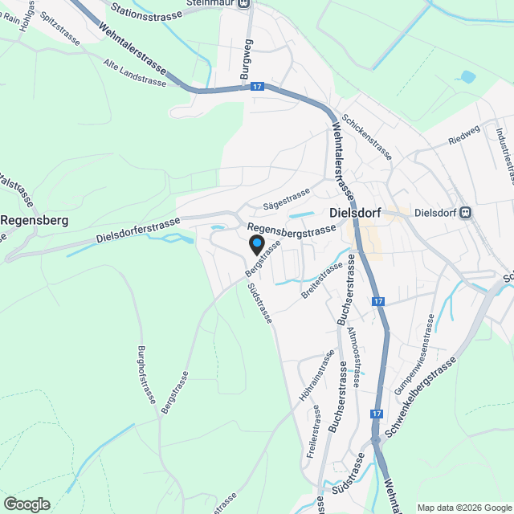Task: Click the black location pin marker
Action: click(x=256, y=244)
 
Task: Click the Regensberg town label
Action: click(x=34, y=219)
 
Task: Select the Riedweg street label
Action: click(x=464, y=139)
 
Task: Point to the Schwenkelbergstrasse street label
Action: click(x=418, y=398)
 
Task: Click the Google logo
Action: click(x=27, y=504)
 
